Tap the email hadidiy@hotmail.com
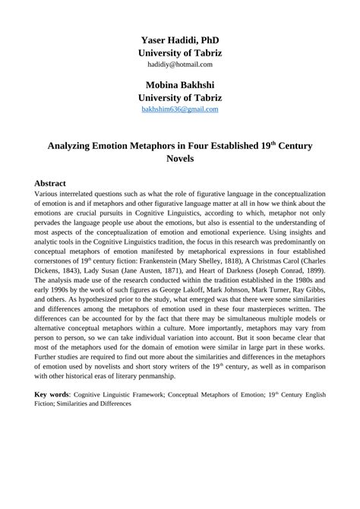point(180,65)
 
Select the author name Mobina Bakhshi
point(180,84)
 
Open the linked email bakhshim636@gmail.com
point(180,109)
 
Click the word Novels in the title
point(180,160)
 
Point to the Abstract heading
point(50,184)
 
